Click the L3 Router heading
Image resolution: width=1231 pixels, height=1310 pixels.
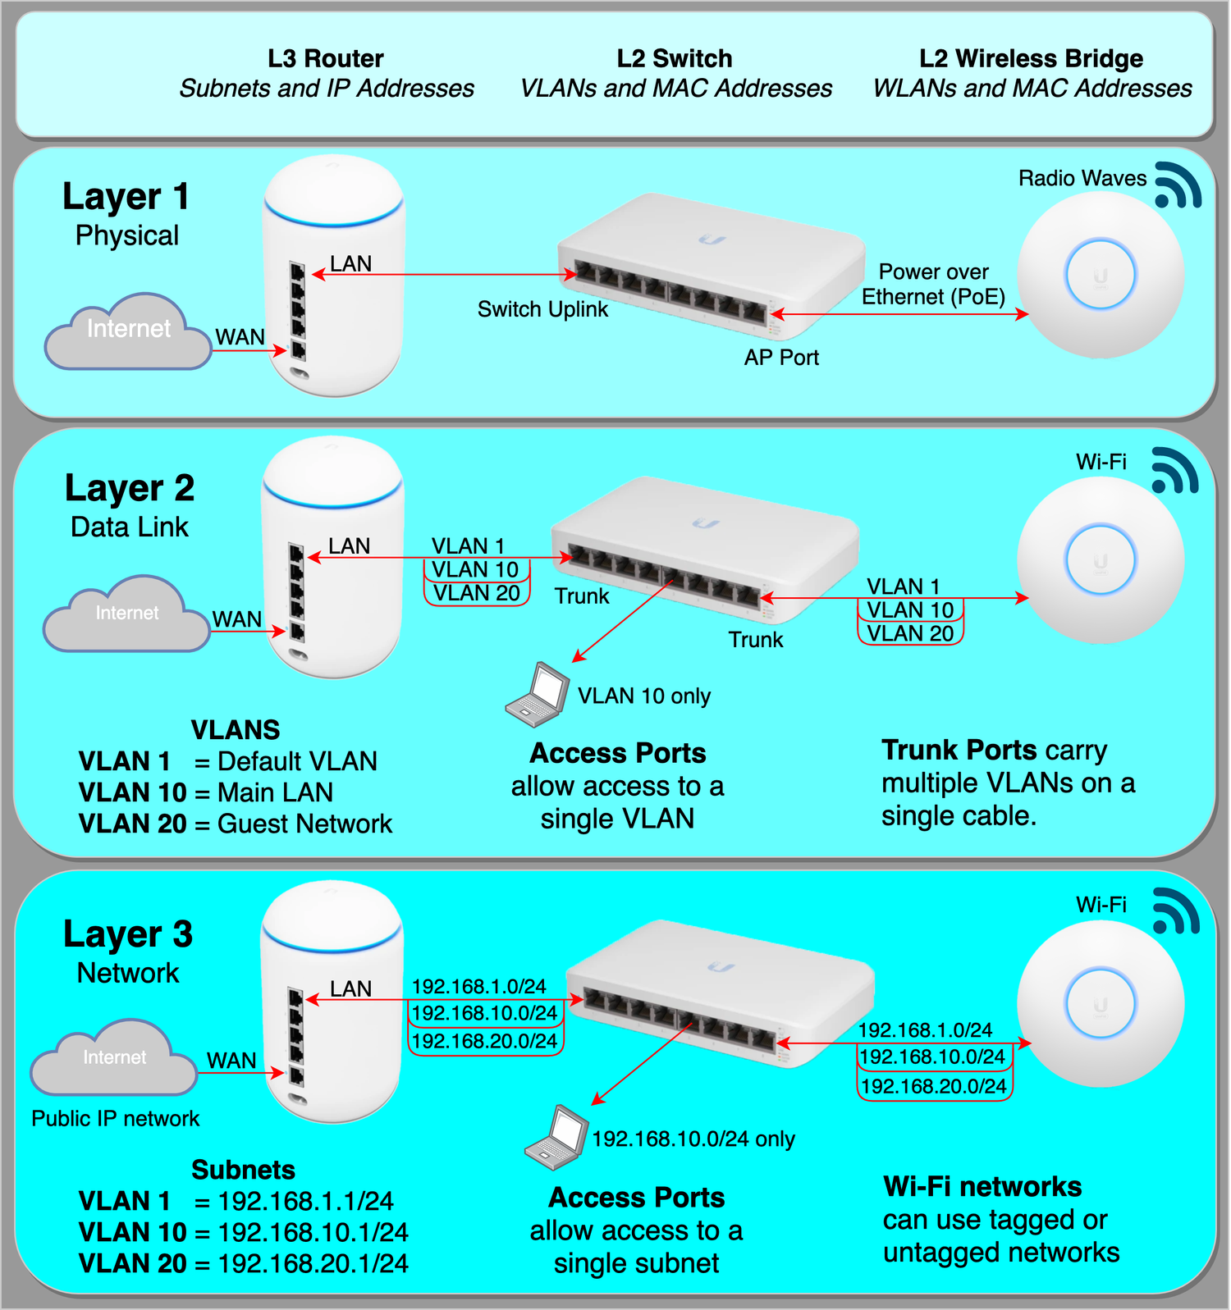coord(326,59)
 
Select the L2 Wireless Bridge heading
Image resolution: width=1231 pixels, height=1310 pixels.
coord(1031,59)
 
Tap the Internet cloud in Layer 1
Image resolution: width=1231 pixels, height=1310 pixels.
coord(128,331)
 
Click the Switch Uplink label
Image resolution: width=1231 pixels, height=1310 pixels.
coord(542,309)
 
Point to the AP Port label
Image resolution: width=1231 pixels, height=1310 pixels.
coord(781,358)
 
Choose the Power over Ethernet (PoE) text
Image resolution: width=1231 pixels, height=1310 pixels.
coord(933,285)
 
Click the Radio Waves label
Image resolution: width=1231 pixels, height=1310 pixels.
coord(1082,179)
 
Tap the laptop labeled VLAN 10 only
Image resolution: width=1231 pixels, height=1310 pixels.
coord(538,695)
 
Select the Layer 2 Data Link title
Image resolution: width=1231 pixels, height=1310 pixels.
coord(130,504)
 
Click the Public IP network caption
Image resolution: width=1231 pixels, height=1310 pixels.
coord(116,1119)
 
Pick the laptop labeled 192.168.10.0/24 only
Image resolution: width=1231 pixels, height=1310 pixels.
coord(557,1138)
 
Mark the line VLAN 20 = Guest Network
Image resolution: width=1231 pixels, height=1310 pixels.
coord(236,824)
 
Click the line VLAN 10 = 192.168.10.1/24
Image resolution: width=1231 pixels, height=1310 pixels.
coord(244,1232)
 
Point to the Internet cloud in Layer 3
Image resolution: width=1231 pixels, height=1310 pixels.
coord(114,1058)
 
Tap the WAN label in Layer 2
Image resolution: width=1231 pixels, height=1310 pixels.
coord(237,619)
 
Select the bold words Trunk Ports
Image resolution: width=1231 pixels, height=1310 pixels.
coord(959,750)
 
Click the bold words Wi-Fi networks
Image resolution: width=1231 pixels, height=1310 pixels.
coord(982,1187)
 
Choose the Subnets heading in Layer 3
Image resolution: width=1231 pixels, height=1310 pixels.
coord(243,1170)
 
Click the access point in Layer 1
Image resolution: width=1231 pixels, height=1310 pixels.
coord(1100,275)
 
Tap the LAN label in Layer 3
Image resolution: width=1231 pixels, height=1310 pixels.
coord(350,989)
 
